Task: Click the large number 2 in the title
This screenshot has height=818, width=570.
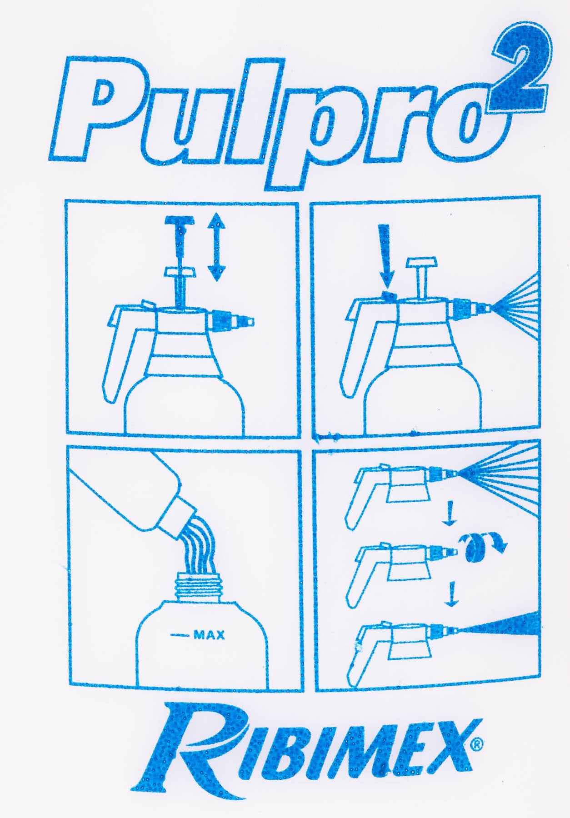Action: click(523, 73)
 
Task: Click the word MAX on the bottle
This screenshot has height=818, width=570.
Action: click(209, 635)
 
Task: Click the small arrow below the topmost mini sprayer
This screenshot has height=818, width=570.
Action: click(449, 513)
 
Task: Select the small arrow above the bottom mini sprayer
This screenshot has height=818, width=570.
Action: click(450, 596)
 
